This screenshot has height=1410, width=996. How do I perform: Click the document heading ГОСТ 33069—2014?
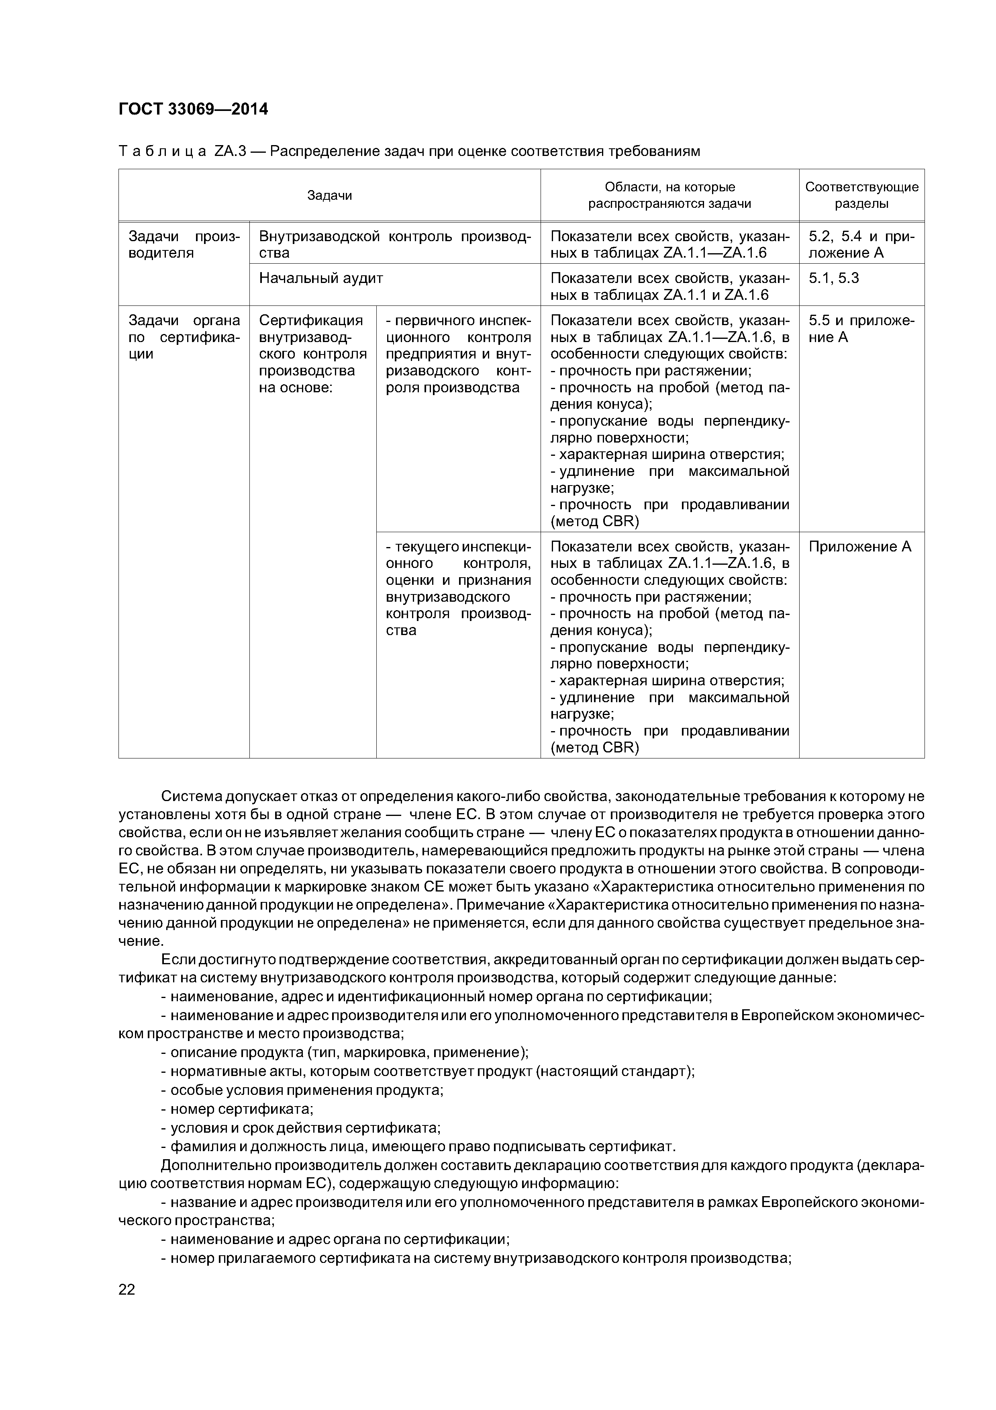tap(193, 109)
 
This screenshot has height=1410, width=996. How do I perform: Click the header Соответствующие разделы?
tap(861, 195)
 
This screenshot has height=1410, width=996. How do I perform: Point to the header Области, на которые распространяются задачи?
tap(669, 195)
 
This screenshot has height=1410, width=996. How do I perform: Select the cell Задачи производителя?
tap(184, 244)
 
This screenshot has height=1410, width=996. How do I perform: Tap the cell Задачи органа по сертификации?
tap(184, 336)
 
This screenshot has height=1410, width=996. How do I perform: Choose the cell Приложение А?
tap(860, 547)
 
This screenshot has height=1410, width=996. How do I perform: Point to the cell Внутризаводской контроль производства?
tap(395, 244)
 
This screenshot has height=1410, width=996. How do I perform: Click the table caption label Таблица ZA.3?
tap(182, 151)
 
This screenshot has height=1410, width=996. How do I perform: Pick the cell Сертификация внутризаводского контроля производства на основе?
tap(312, 354)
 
